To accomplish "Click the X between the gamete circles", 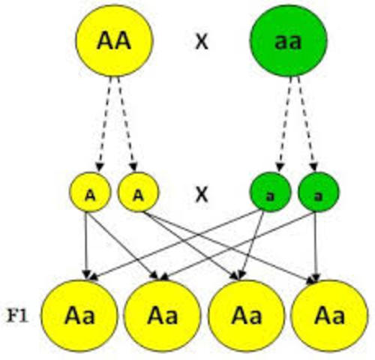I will click(x=200, y=194).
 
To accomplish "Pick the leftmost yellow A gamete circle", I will click(x=89, y=193).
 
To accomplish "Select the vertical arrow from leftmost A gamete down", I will click(x=88, y=244).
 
